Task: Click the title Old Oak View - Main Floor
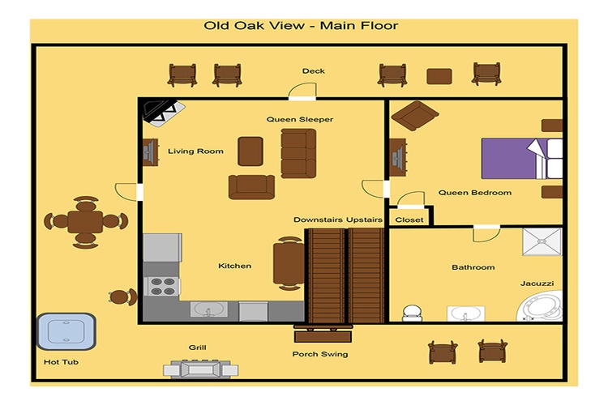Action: click(x=301, y=27)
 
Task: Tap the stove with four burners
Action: click(x=162, y=286)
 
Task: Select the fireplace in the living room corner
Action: click(x=162, y=111)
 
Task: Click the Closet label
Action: click(x=409, y=219)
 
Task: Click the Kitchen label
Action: click(x=235, y=266)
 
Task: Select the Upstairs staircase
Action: click(x=366, y=275)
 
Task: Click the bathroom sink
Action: click(x=464, y=313)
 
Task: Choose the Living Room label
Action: click(x=195, y=151)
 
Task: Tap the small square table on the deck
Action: click(x=439, y=76)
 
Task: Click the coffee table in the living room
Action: click(x=250, y=151)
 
